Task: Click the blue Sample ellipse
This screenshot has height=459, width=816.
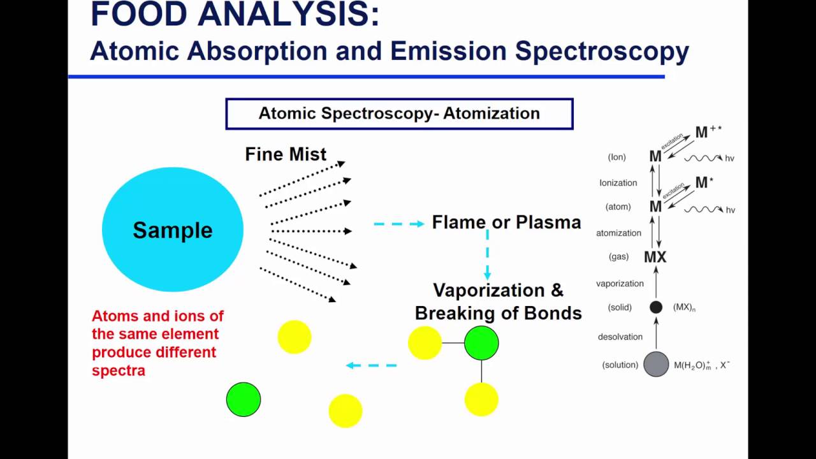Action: point(172,229)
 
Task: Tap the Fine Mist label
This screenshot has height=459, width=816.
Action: point(286,154)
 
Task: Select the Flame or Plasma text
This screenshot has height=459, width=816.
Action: point(506,222)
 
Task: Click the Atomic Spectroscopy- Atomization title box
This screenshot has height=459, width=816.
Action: point(399,113)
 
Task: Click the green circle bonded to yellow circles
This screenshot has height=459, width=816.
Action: point(481,343)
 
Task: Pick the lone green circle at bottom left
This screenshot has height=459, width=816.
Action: point(244,400)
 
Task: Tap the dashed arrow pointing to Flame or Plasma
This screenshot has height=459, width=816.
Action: point(398,224)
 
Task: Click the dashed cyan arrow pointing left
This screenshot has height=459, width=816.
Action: point(371,365)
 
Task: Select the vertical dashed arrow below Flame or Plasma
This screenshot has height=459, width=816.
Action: point(488,255)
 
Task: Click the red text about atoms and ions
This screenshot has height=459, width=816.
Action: point(157,343)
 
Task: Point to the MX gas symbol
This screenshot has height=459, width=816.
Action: point(655,257)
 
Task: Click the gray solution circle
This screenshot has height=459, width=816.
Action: point(656,364)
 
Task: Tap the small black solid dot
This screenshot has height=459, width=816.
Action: point(656,307)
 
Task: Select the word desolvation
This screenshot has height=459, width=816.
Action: point(620,337)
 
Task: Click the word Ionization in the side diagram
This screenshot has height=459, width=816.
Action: point(618,183)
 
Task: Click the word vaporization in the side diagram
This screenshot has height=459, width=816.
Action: point(620,284)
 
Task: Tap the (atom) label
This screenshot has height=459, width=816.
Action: point(618,207)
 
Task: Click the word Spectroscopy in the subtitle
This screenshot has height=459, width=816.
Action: point(602,51)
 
